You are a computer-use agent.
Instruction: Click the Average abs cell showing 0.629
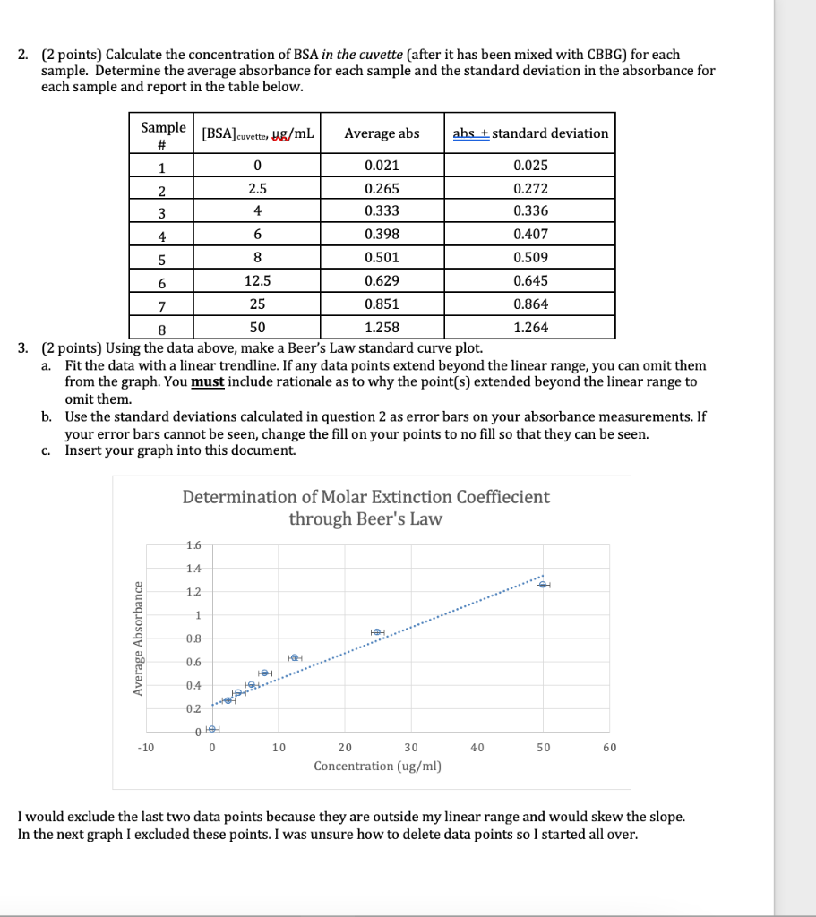[x=382, y=281]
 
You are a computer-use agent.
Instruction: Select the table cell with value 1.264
[x=530, y=328]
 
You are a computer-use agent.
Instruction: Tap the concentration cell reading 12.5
[x=257, y=281]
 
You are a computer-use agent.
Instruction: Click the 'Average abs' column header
[x=382, y=133]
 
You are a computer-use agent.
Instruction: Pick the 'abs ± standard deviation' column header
[x=530, y=133]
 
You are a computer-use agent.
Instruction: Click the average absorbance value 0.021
[x=382, y=166]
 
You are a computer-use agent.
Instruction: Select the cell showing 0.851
[x=382, y=304]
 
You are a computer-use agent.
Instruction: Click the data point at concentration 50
[x=543, y=585]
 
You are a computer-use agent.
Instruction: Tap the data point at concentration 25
[x=378, y=632]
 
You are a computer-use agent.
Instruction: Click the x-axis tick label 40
[x=477, y=748]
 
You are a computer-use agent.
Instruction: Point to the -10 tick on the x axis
[x=146, y=748]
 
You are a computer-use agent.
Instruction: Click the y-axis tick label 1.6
[x=193, y=545]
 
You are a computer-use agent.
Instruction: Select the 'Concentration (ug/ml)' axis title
[x=377, y=767]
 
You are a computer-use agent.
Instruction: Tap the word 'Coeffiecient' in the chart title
[x=502, y=497]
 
